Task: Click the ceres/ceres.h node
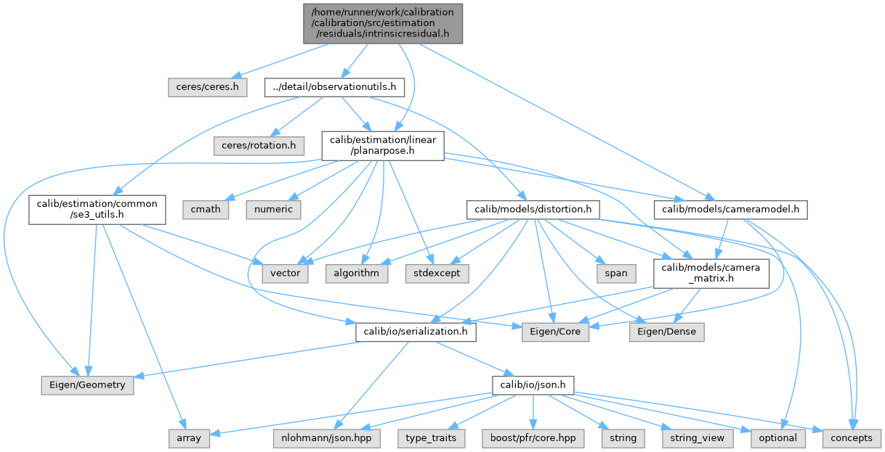tap(207, 87)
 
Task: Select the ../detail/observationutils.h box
tap(334, 87)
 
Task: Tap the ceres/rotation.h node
tap(258, 146)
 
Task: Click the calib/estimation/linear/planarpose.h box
tap(383, 146)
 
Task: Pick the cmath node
tap(206, 209)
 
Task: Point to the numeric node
tap(274, 209)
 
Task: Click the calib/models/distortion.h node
tap(533, 209)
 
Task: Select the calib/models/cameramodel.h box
tap(731, 209)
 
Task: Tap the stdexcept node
tap(437, 273)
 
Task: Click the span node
tap(616, 273)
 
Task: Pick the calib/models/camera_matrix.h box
tap(711, 273)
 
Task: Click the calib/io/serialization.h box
tap(416, 332)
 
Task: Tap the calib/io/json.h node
tap(533, 385)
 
